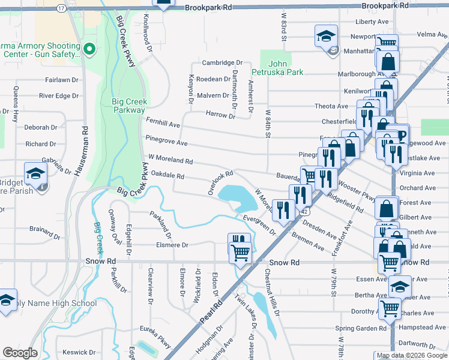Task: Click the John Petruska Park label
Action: coord(286,68)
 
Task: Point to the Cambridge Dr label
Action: coord(221,63)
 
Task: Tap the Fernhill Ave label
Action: coord(163,124)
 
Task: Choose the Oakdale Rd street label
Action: coord(167,175)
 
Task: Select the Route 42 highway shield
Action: coord(305,211)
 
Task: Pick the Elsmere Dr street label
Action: coord(172,245)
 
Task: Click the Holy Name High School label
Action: coord(58,303)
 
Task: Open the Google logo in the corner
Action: coord(20,352)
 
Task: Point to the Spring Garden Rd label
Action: coord(361,328)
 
